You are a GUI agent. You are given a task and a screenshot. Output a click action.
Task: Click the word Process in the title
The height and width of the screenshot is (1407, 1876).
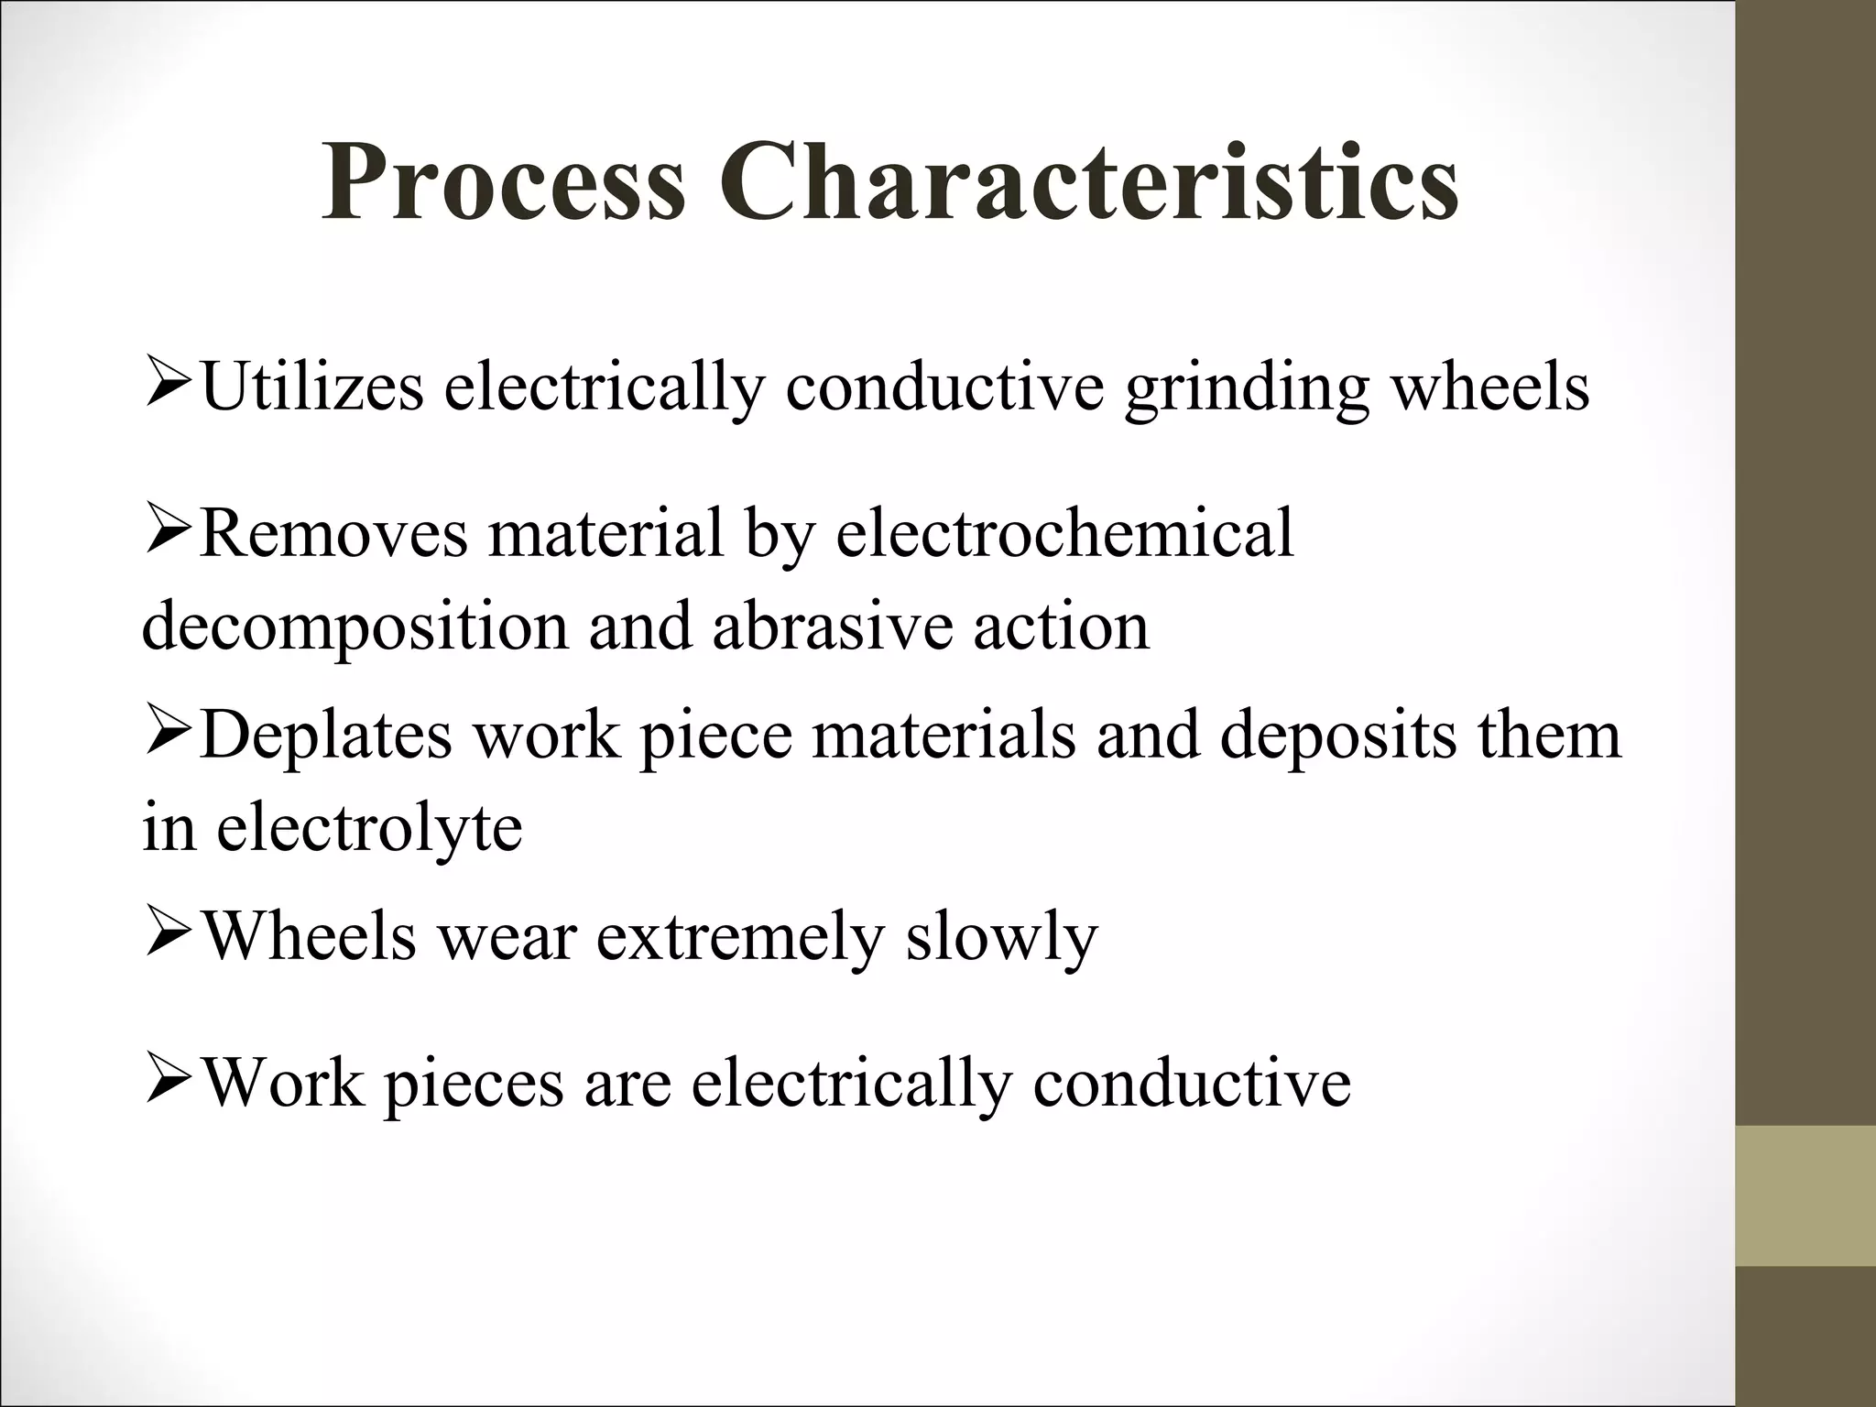[503, 183]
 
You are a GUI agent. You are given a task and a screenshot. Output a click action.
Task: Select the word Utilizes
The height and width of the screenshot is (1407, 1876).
[311, 387]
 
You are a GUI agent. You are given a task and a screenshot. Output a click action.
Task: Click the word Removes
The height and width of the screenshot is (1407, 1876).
[333, 533]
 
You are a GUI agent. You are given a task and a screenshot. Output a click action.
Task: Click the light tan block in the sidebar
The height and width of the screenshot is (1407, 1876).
[1805, 1194]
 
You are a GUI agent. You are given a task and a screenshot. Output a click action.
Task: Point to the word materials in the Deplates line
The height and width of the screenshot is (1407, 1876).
[943, 736]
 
